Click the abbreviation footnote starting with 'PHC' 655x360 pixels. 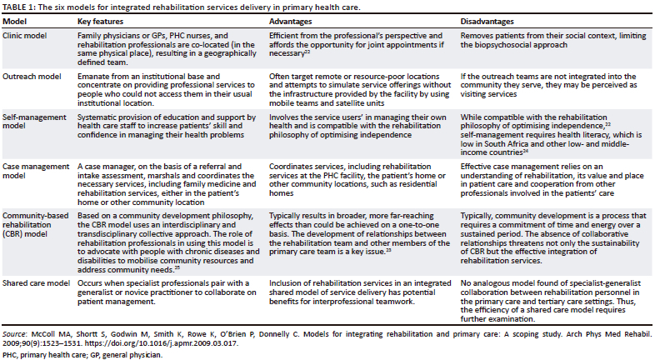click(x=82, y=354)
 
